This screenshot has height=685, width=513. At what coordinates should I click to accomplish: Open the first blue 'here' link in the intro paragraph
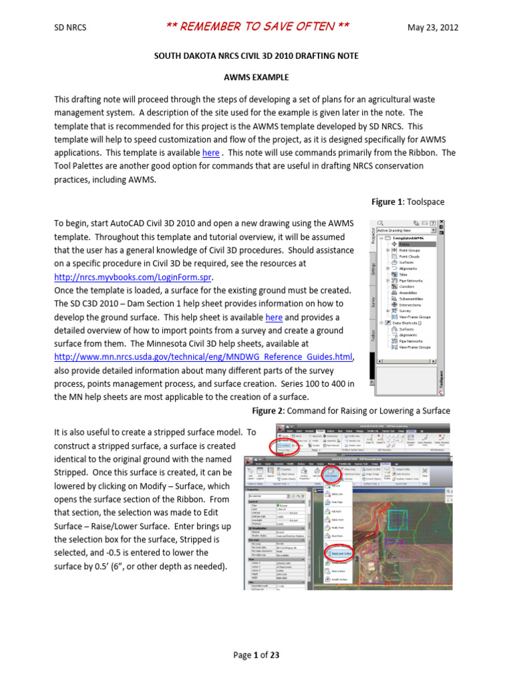tap(210, 153)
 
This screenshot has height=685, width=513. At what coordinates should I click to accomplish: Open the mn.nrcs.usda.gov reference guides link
tap(203, 357)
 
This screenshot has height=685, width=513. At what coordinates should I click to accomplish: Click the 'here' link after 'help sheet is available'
tap(274, 317)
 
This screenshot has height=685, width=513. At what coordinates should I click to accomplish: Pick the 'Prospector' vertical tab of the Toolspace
tap(372, 236)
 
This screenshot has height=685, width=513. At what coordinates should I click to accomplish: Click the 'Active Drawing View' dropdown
tap(406, 229)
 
